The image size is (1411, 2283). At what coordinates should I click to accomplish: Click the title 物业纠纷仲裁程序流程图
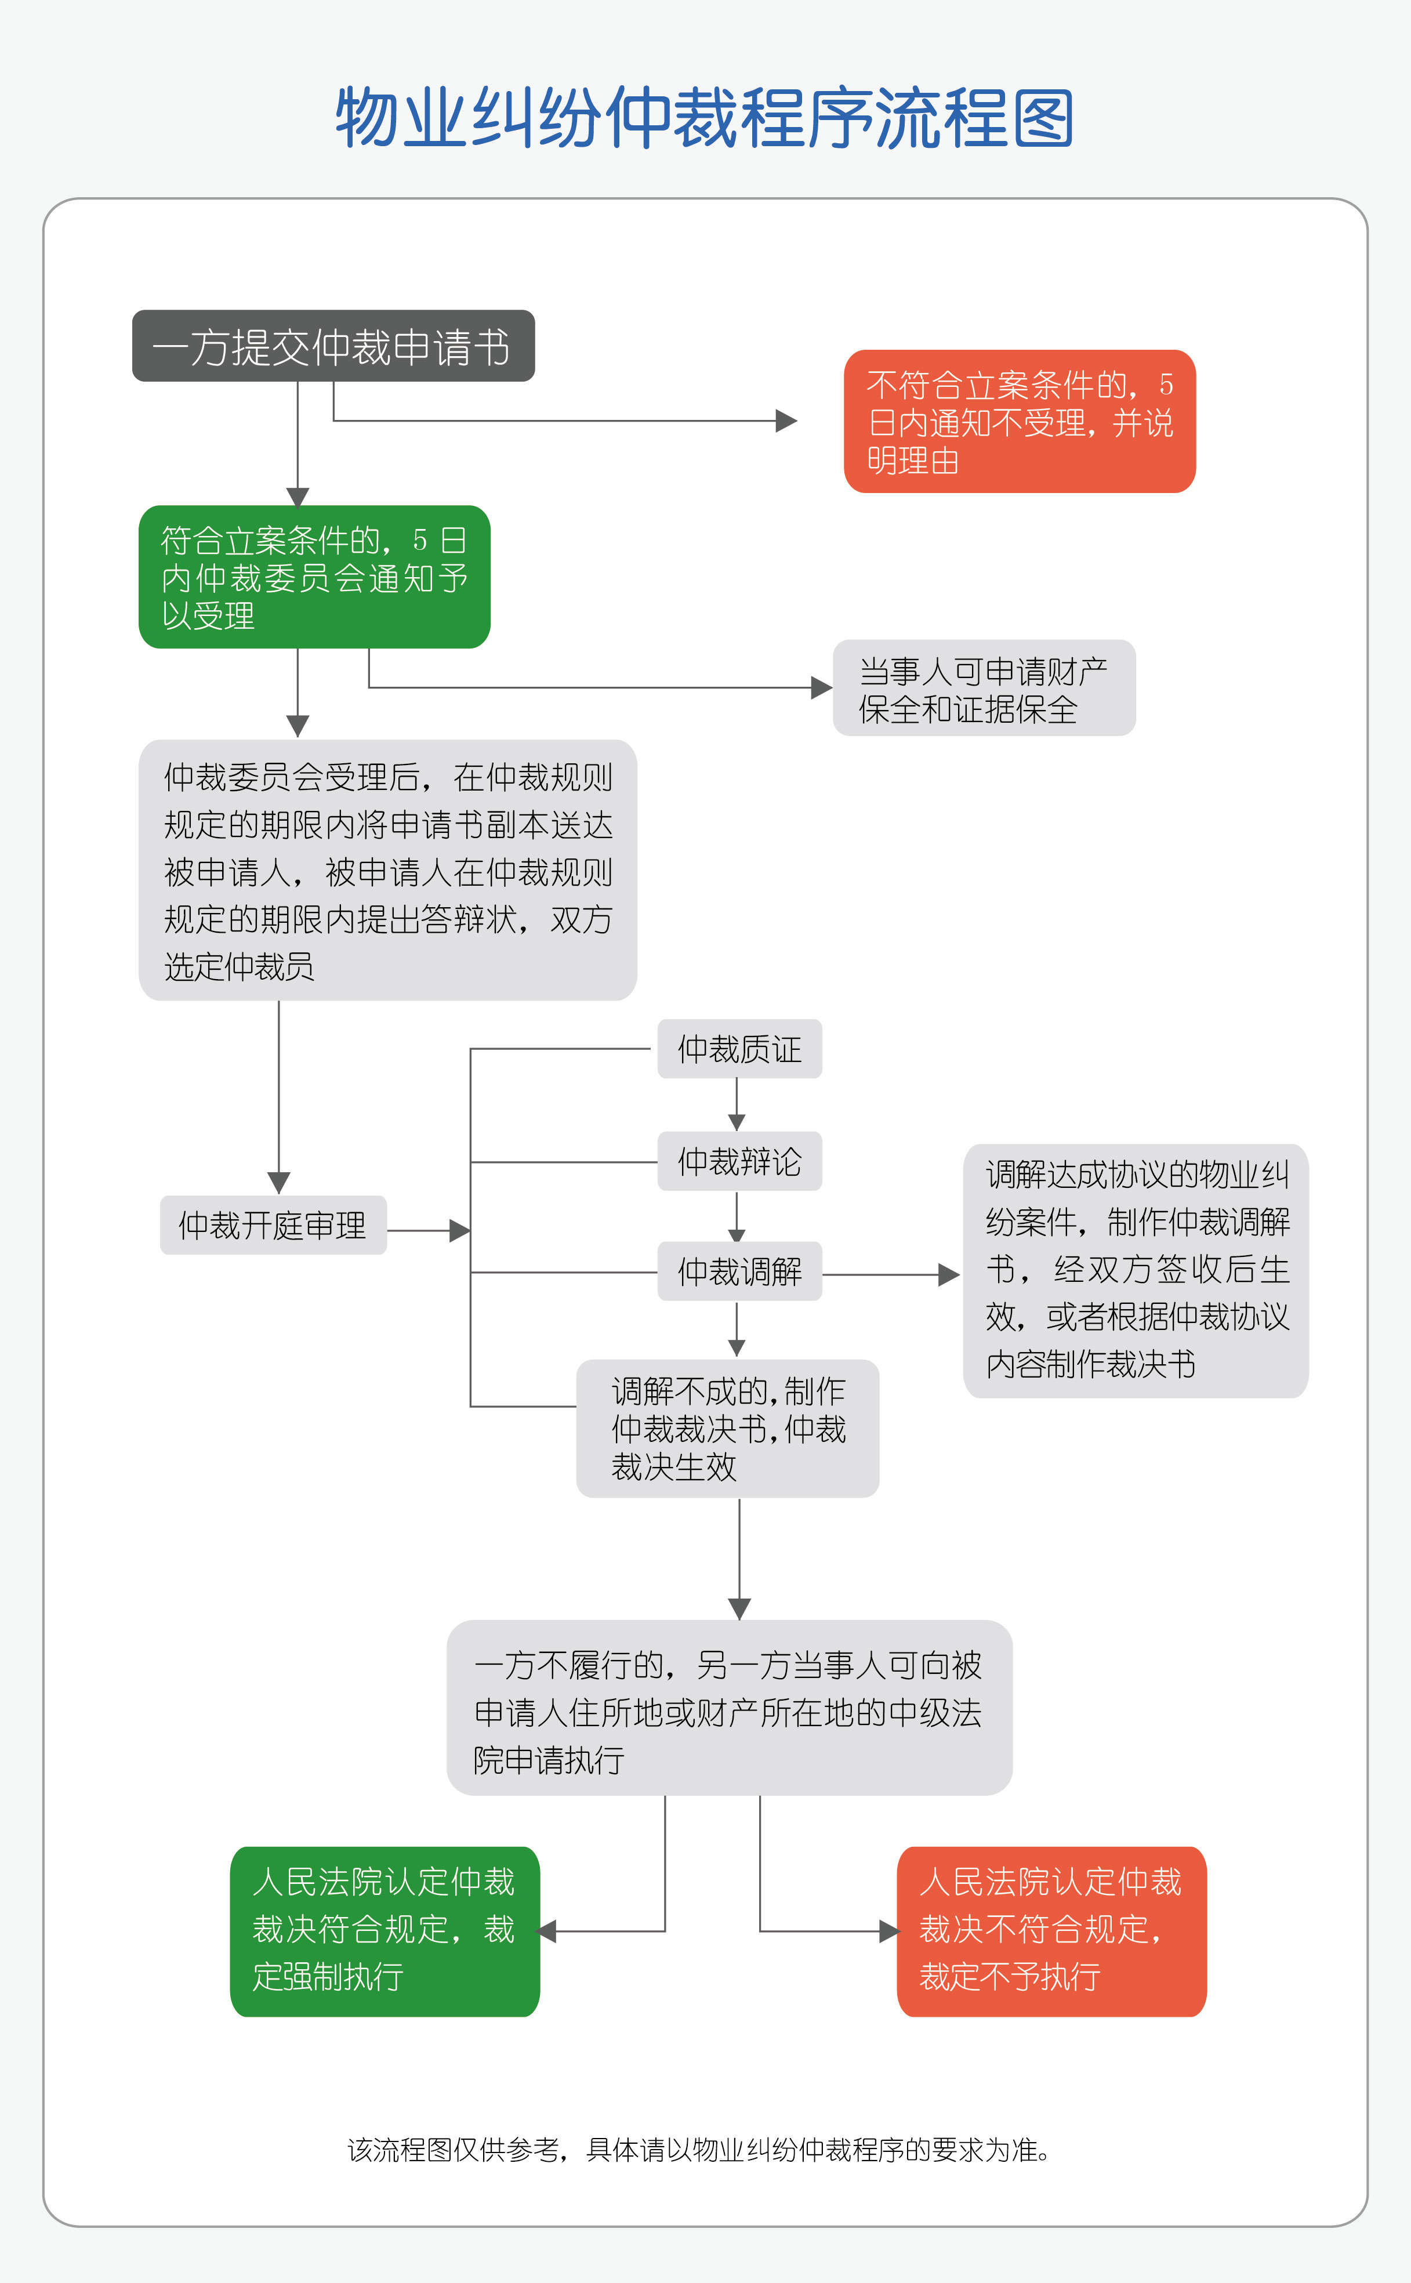pyautogui.click(x=705, y=118)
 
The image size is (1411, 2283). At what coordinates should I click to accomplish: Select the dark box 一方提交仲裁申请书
pyautogui.click(x=333, y=346)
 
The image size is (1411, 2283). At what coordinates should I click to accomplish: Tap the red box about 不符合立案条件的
pyautogui.click(x=1019, y=421)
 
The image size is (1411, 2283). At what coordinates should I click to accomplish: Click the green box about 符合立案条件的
pyautogui.click(x=314, y=577)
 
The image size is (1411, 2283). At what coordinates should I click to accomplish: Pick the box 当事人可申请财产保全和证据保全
pyautogui.click(x=984, y=688)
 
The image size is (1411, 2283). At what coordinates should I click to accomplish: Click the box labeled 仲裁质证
pyautogui.click(x=739, y=1049)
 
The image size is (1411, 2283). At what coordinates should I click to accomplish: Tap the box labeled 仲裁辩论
pyautogui.click(x=739, y=1161)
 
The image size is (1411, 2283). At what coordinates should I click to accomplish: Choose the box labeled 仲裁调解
pyautogui.click(x=739, y=1271)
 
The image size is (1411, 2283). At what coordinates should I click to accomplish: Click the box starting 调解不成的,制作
pyautogui.click(x=728, y=1428)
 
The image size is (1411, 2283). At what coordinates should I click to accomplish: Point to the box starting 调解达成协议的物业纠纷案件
pyautogui.click(x=1136, y=1270)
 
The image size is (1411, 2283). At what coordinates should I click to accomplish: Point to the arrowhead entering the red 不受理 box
pyautogui.click(x=786, y=421)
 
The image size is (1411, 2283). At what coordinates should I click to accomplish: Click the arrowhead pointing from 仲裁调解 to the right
pyautogui.click(x=948, y=1274)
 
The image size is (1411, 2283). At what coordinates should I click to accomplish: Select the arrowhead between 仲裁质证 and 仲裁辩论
pyautogui.click(x=737, y=1122)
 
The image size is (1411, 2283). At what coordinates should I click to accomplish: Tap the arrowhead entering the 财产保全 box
pyautogui.click(x=821, y=688)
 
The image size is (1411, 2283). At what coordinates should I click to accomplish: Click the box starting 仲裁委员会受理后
pyautogui.click(x=387, y=871)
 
